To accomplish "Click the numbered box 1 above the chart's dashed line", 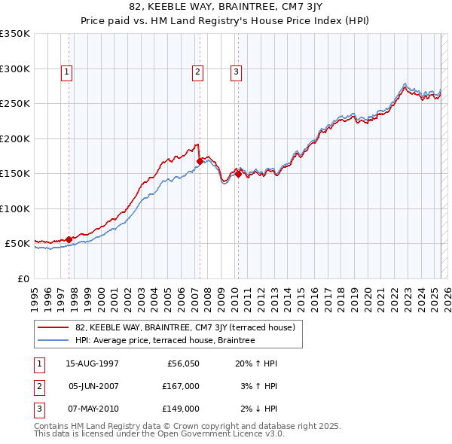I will (x=67, y=72).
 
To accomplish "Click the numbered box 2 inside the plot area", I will (x=197, y=72).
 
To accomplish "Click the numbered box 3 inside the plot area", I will (x=236, y=72).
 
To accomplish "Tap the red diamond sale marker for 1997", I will (x=69, y=239).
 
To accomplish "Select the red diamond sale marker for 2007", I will (x=200, y=161).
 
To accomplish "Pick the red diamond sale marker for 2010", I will (x=238, y=174).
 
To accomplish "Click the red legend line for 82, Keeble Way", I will (x=53, y=327).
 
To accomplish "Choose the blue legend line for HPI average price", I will (x=53, y=341).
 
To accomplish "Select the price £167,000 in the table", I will (x=181, y=386).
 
